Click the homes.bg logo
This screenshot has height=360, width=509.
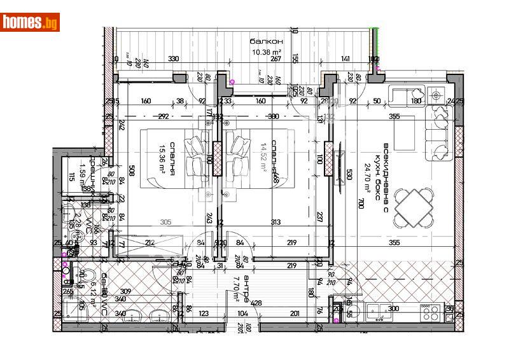pos(30,22)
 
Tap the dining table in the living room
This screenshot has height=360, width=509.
pos(414,207)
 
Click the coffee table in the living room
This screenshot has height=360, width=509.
pos(406,134)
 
